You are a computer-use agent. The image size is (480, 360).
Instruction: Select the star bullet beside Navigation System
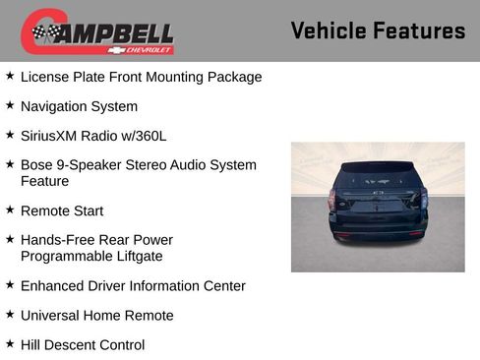pos(10,105)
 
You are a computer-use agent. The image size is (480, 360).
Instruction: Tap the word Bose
pos(37,165)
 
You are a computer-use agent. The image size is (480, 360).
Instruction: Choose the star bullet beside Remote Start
pos(10,210)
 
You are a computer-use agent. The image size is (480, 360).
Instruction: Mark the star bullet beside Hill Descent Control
pos(10,343)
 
